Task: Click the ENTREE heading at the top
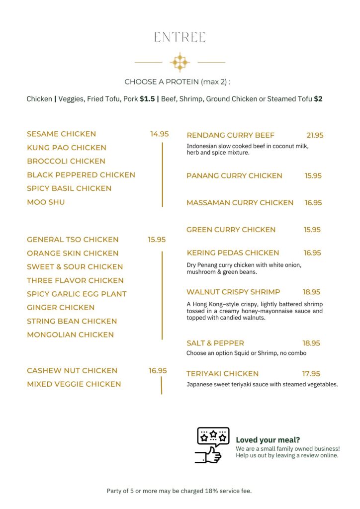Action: (x=180, y=37)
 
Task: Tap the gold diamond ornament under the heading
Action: (x=180, y=63)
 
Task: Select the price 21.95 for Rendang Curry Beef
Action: (x=315, y=135)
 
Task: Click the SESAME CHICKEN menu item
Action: (x=61, y=134)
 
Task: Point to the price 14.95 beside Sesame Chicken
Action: (x=159, y=134)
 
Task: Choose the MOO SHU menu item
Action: (x=46, y=202)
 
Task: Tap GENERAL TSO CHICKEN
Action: (x=73, y=240)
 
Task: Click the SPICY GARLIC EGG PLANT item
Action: (x=77, y=294)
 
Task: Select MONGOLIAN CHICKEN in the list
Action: (x=70, y=335)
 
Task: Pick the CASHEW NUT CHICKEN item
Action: (x=72, y=370)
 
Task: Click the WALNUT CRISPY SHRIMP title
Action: (x=233, y=292)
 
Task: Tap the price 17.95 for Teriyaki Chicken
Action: (x=311, y=374)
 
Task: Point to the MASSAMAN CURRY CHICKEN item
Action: (x=240, y=203)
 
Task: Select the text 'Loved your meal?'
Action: (x=268, y=440)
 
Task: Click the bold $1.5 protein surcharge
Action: (x=147, y=99)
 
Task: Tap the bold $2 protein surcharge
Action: (x=318, y=99)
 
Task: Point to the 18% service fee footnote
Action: (x=180, y=491)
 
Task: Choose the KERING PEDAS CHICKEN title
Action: (x=233, y=253)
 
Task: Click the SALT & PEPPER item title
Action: (x=215, y=343)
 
